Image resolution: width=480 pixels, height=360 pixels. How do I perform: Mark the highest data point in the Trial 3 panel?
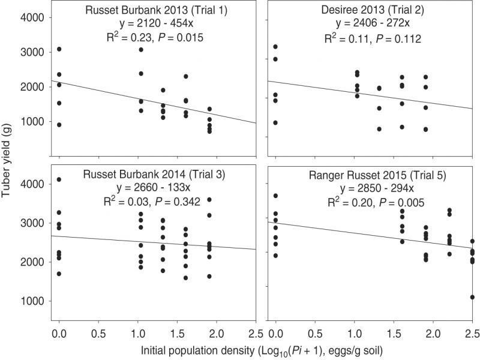(x=59, y=179)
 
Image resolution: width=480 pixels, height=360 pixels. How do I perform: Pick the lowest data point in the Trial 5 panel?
(x=472, y=297)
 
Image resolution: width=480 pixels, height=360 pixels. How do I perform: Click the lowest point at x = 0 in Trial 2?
(x=275, y=122)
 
